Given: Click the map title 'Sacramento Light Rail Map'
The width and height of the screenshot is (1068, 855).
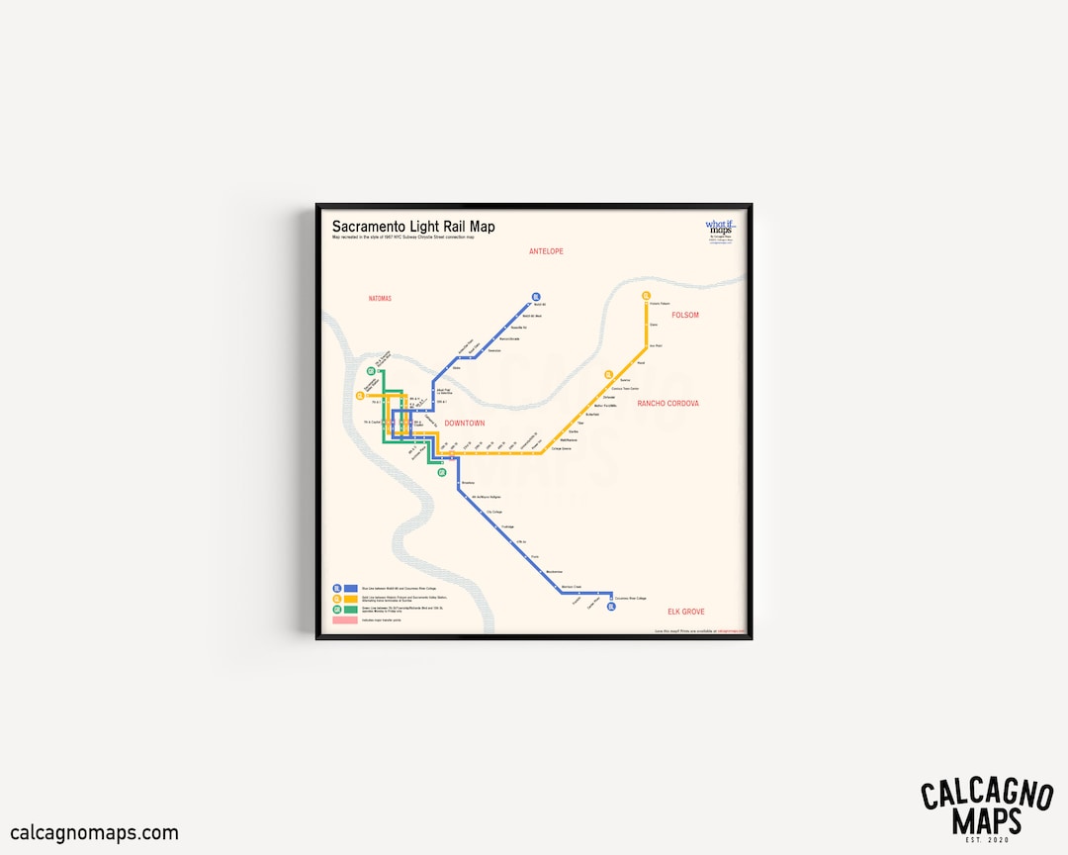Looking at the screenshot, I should (413, 227).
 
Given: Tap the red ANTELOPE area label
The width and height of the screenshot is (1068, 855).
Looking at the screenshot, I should (546, 251).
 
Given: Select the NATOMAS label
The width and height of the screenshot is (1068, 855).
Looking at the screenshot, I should (380, 298).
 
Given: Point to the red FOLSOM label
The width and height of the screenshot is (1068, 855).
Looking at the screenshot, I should (685, 315).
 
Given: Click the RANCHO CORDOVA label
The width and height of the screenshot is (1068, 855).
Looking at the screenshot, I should (667, 404).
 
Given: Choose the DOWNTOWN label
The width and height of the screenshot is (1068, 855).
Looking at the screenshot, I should (465, 424).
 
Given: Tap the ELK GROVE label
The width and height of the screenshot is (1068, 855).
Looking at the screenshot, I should (685, 612).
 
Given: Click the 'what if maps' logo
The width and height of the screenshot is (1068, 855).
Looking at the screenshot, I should (721, 228).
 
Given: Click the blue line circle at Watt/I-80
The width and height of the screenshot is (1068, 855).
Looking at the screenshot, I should (535, 296).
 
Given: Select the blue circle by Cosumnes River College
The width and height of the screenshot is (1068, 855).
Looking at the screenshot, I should (611, 607).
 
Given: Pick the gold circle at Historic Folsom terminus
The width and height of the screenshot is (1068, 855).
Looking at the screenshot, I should (647, 296).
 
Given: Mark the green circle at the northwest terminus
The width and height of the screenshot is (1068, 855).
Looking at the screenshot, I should (371, 372).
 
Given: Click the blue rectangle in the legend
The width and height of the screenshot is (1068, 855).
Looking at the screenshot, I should (350, 589).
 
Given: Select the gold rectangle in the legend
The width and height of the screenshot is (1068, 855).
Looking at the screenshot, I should (350, 599).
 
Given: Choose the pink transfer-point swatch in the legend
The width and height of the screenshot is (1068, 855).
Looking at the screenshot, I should (345, 620).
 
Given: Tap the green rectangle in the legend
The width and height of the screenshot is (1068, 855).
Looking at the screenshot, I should (350, 610).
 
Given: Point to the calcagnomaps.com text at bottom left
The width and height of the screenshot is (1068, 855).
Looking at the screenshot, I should (95, 833).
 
